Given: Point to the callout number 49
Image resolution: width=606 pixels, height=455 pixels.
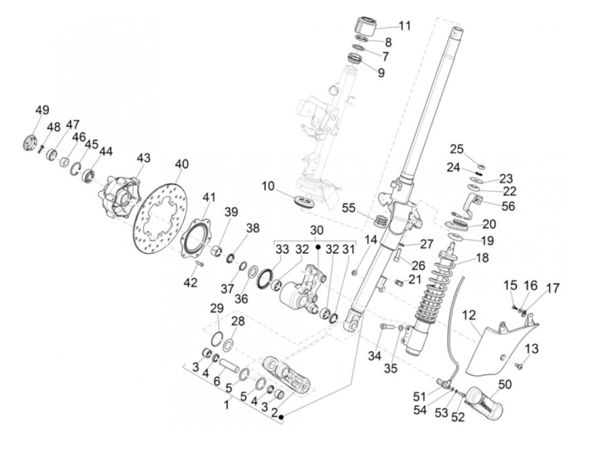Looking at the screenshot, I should [42, 110].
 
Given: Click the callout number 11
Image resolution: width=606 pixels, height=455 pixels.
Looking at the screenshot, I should [404, 26].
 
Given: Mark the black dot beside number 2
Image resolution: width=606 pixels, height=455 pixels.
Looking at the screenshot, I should [281, 417].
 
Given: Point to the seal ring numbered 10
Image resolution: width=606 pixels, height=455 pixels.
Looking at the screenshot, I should [305, 202].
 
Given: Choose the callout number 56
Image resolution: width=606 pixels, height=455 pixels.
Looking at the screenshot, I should [508, 206].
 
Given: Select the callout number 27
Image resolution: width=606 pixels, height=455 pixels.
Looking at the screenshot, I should [426, 244].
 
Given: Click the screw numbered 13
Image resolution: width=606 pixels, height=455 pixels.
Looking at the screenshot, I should [520, 366].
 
